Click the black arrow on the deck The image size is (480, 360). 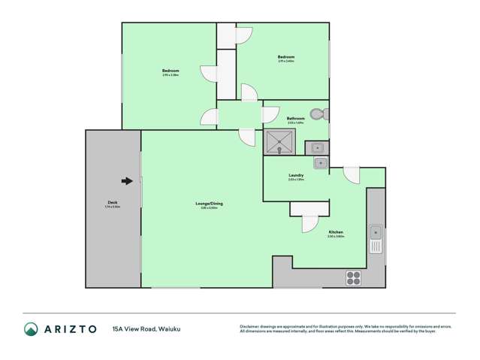coord(128,180)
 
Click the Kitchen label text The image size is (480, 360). coord(336,234)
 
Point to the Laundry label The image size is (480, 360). coord(295,177)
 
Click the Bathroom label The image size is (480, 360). coord(295,119)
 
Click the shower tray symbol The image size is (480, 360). coord(279,141)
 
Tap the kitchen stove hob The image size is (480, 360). coord(353,277)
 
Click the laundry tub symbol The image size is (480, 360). coord(320,163)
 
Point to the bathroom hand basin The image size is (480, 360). coord(317,147)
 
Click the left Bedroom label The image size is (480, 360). coord(171,72)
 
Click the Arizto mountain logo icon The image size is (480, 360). coord(31,328)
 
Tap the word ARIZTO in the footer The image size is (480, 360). coord(70,329)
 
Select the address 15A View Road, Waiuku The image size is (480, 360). coord(146,329)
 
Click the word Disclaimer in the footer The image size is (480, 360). coord(249,325)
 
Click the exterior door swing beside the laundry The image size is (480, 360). coord(352,175)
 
